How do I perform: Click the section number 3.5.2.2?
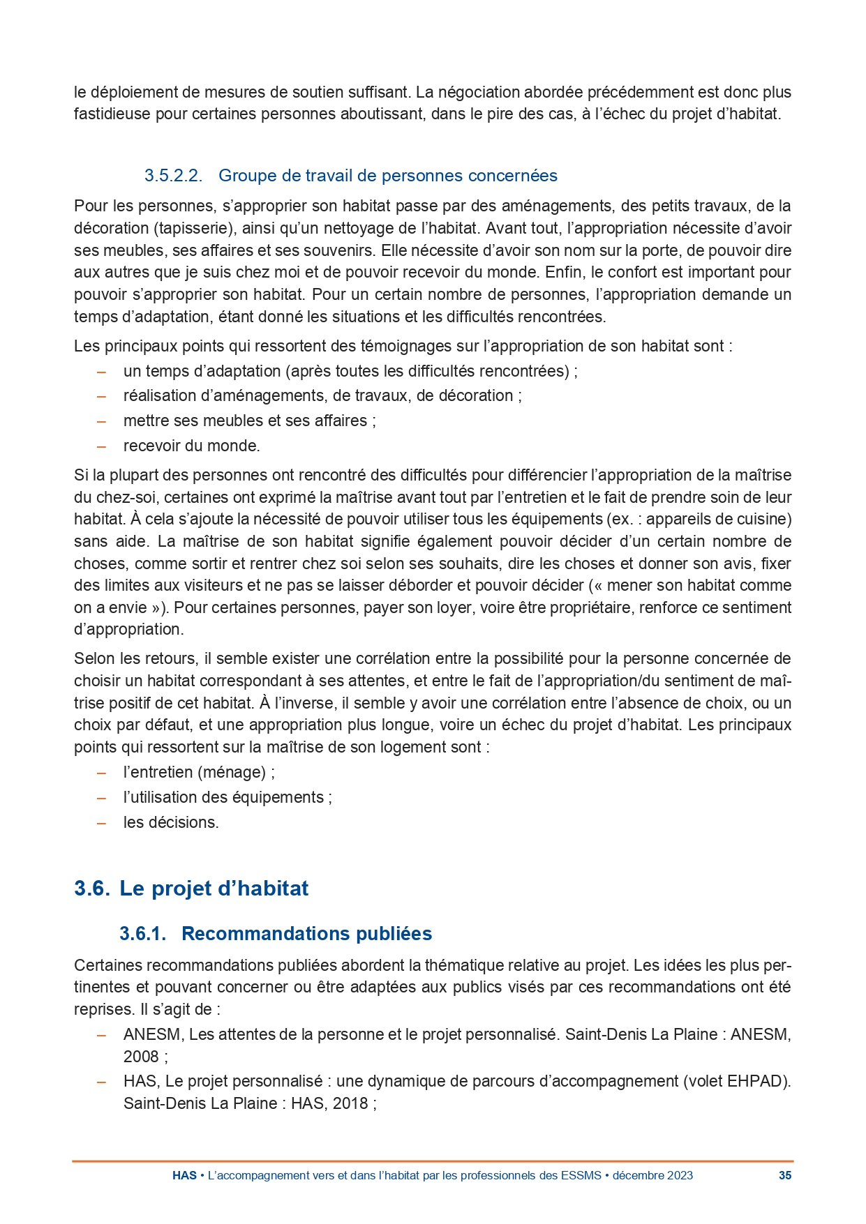(173, 176)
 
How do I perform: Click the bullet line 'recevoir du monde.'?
(191, 446)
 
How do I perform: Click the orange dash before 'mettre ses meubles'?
(101, 421)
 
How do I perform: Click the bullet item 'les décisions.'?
(171, 822)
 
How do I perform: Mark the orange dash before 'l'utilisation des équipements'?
(101, 798)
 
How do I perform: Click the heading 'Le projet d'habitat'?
(214, 889)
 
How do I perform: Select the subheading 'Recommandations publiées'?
(306, 934)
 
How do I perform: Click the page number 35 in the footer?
(785, 1175)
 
